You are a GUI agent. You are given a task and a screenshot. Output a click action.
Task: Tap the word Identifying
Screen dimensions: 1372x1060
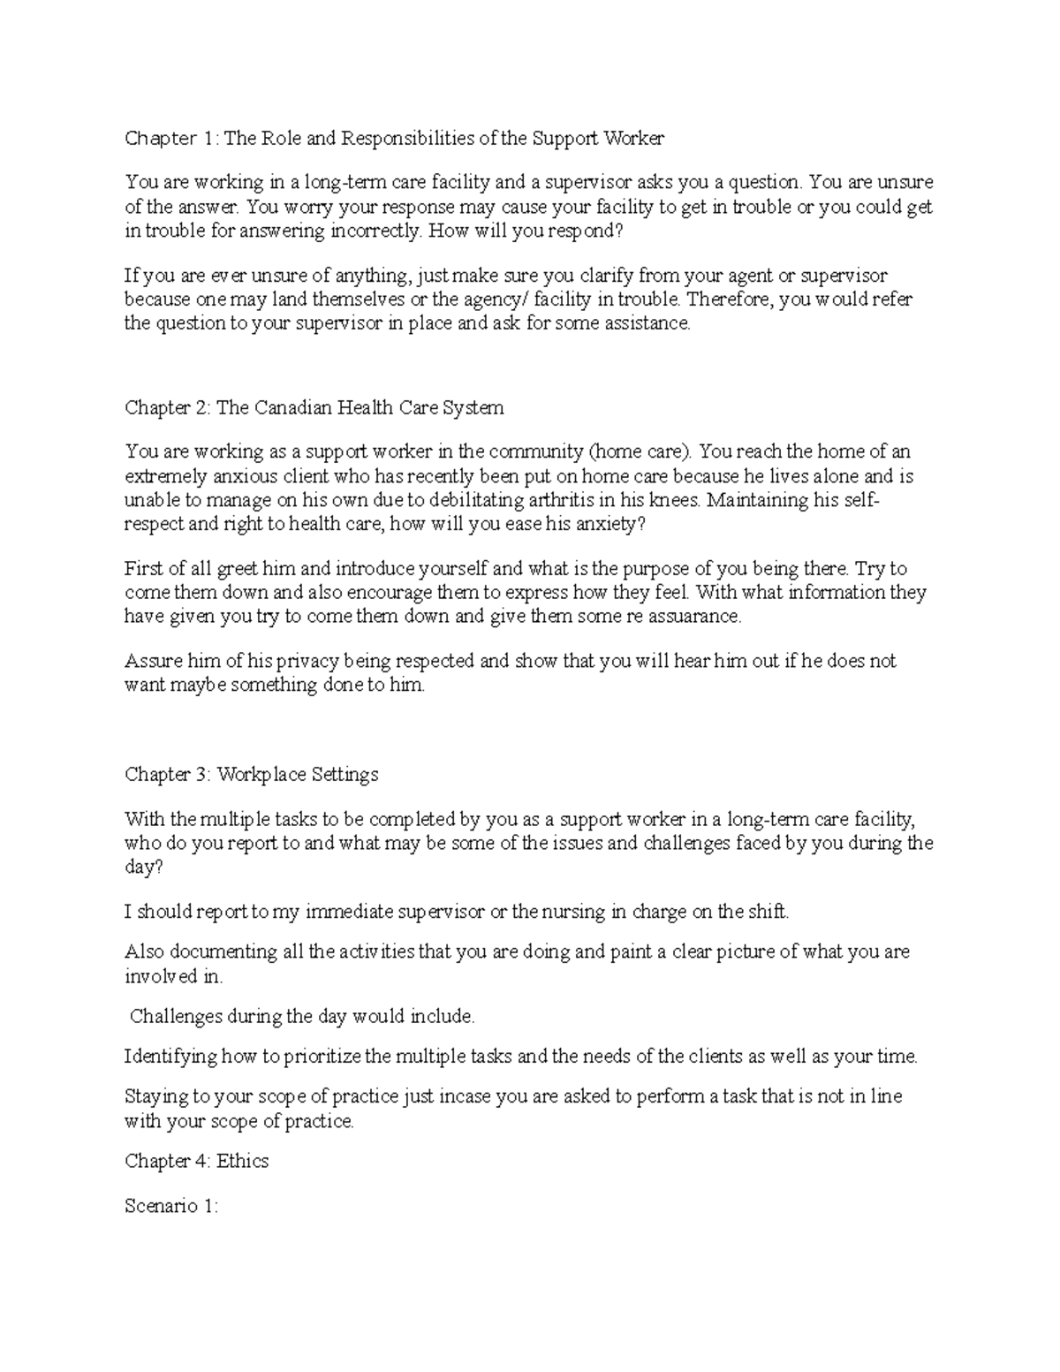pyautogui.click(x=170, y=1056)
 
